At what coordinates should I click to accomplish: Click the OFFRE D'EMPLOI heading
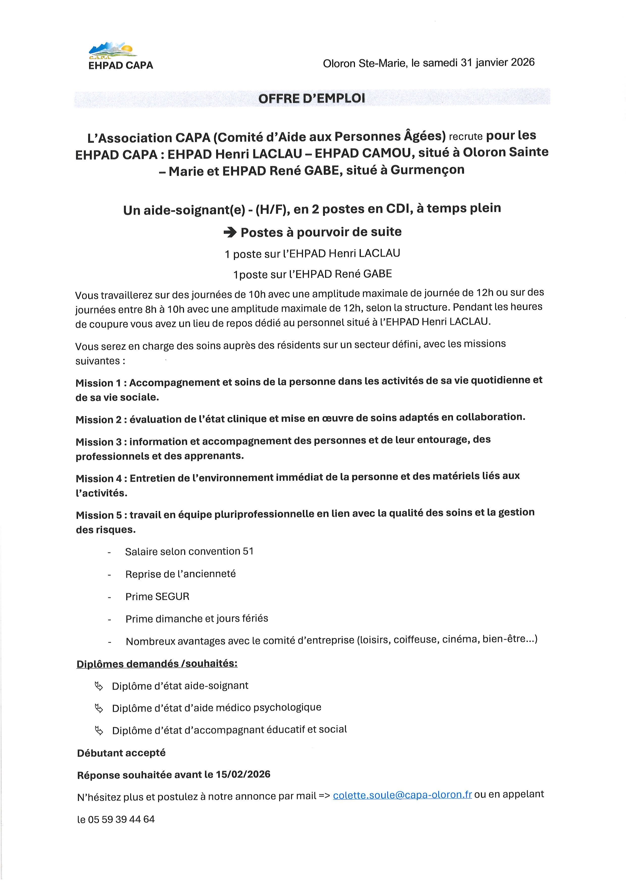(x=311, y=98)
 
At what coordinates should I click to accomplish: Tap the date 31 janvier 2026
(x=498, y=62)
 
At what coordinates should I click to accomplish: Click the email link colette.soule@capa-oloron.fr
(x=402, y=795)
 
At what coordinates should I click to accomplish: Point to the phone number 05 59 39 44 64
(x=121, y=819)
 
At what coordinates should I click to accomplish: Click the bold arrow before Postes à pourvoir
(x=230, y=232)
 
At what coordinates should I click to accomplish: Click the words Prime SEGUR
(x=157, y=597)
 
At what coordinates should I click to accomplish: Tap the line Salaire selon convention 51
(x=189, y=552)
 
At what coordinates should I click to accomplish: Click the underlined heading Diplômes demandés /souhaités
(x=157, y=664)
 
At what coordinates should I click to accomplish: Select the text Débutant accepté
(x=121, y=753)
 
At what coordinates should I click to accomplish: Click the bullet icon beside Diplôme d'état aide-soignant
(x=99, y=686)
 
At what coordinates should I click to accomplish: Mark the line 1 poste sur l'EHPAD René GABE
(x=312, y=274)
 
